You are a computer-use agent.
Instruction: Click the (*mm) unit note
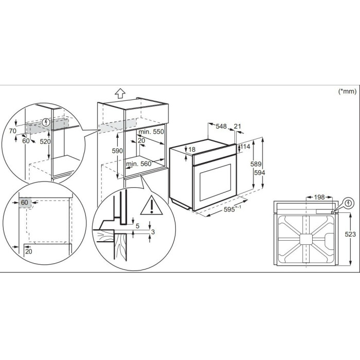pos(348,92)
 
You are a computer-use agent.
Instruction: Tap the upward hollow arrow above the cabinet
pos(120,94)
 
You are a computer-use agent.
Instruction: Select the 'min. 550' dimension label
pos(151,132)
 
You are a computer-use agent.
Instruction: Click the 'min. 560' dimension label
pos(139,164)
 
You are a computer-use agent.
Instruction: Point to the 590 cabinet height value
pos(117,151)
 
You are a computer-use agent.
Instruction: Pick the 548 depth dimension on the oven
pos(221,127)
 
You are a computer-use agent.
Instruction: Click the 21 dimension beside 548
pos(238,127)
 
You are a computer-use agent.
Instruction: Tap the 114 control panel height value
pos(245,147)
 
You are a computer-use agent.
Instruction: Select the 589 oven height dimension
pos(256,164)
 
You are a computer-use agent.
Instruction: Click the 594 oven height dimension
pos(259,173)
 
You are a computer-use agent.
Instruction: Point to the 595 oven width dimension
pos(232,209)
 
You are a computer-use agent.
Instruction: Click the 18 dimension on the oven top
pos(191,150)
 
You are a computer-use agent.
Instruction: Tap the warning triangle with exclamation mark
pos(152,206)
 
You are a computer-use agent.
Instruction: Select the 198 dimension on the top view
pos(319,197)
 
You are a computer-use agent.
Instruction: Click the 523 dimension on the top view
pos(350,234)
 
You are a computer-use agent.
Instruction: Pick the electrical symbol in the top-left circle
pos(46,122)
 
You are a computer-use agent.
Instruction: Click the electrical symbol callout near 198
pos(349,203)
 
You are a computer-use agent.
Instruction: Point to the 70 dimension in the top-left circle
pos(13,131)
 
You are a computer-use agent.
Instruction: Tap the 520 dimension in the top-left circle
pos(45,141)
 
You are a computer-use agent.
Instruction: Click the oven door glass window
pos(215,183)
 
